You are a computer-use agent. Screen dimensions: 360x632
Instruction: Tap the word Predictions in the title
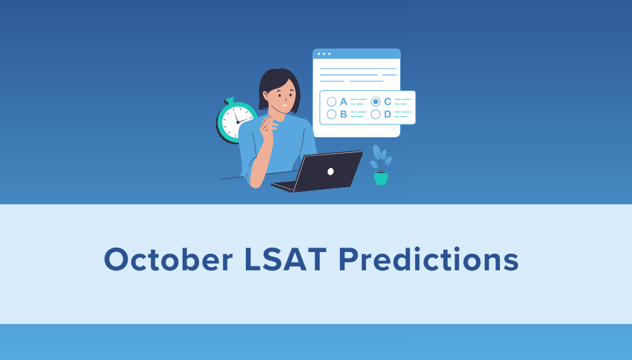pyautogui.click(x=428, y=260)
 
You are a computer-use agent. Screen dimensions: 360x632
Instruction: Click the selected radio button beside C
pyautogui.click(x=375, y=102)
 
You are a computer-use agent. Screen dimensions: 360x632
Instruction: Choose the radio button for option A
pyautogui.click(x=331, y=102)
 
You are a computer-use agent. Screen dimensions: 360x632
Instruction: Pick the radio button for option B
pyautogui.click(x=331, y=114)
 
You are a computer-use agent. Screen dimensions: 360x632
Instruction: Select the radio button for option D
pyautogui.click(x=375, y=114)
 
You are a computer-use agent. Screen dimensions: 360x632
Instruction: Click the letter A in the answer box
pyautogui.click(x=343, y=102)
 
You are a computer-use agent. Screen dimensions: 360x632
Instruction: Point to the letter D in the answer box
pyautogui.click(x=387, y=114)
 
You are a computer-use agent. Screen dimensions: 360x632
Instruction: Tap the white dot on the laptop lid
pyautogui.click(x=331, y=171)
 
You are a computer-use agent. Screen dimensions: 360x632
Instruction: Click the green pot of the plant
pyautogui.click(x=380, y=179)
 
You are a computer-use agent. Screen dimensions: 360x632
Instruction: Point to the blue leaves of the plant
pyautogui.click(x=380, y=159)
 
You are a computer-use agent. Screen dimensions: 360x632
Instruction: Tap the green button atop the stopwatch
pyautogui.click(x=229, y=100)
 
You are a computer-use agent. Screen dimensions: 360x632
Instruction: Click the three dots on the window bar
pyautogui.click(x=324, y=54)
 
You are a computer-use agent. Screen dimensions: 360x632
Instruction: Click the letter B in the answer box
pyautogui.click(x=343, y=114)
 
